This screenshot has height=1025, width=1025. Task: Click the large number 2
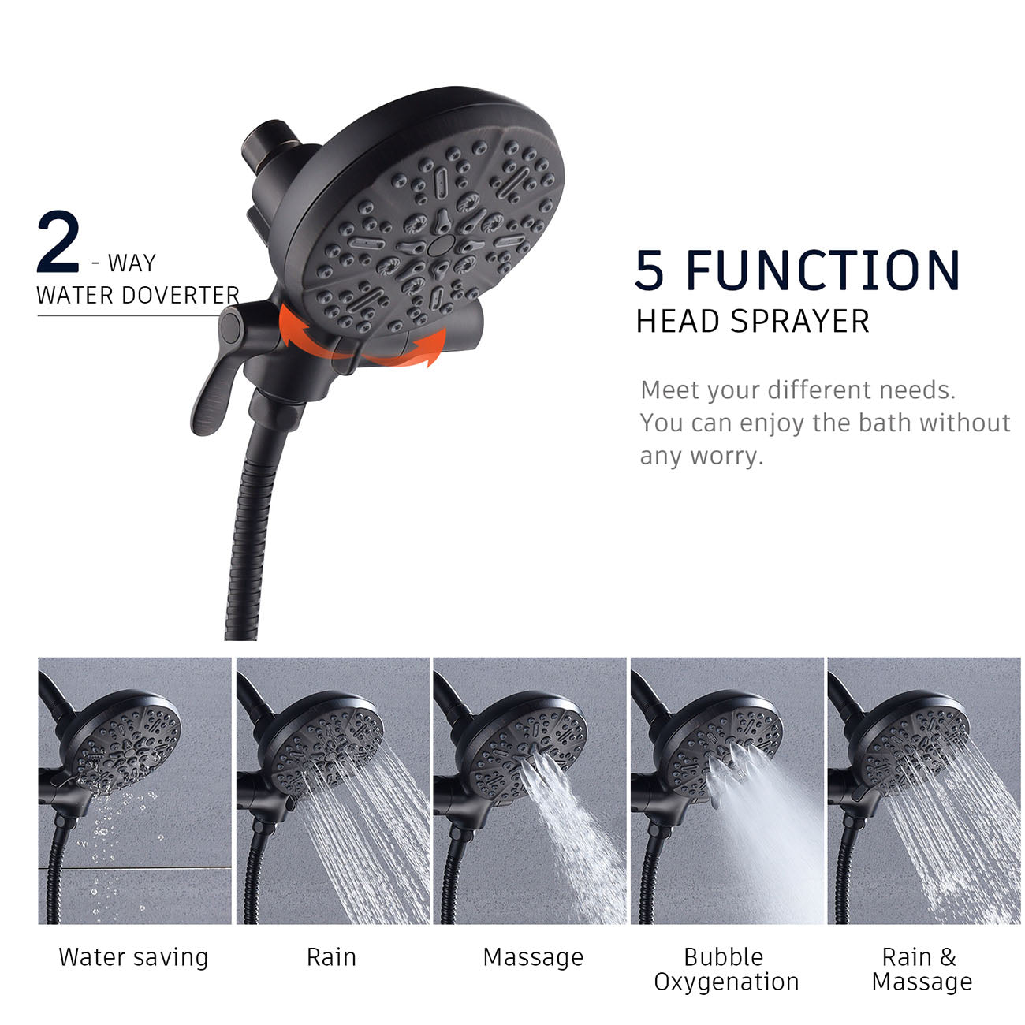(58, 242)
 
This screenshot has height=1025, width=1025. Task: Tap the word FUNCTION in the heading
(823, 270)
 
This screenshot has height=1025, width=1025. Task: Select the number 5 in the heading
(650, 270)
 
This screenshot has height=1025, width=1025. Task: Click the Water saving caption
(134, 957)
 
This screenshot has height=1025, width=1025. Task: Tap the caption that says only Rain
(331, 957)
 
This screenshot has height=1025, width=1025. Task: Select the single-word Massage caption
(533, 957)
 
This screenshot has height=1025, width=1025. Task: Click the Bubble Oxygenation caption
(726, 969)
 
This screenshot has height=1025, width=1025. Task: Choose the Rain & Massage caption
(922, 969)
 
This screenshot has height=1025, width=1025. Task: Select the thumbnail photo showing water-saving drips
(135, 791)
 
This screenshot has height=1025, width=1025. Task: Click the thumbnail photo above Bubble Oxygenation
(726, 791)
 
